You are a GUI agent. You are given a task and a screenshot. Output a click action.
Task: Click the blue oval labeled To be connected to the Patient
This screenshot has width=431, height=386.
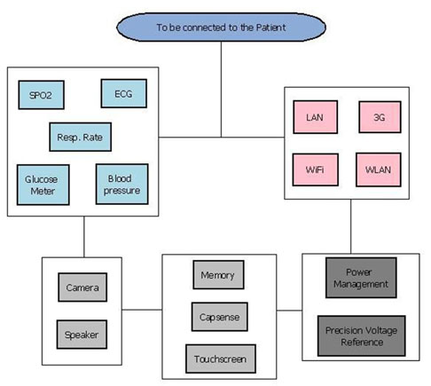coord(221,27)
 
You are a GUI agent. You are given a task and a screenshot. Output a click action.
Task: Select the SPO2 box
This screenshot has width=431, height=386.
coord(41,95)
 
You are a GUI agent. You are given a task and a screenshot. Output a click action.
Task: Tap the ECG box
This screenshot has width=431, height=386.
coord(124,93)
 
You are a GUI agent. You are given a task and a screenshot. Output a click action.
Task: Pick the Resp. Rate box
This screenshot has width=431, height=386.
coord(81,137)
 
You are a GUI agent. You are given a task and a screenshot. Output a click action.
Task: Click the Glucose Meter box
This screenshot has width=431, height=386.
coord(43,185)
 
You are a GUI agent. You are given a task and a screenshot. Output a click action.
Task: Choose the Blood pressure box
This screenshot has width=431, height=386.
coord(122,184)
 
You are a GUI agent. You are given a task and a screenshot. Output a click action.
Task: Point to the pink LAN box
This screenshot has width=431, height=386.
coord(316,117)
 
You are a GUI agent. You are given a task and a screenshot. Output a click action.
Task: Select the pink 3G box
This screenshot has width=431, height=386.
coord(380,117)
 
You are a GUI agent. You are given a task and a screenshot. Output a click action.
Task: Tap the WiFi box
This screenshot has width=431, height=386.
coord(316,169)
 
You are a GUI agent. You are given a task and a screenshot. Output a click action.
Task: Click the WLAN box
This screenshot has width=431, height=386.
coord(379,169)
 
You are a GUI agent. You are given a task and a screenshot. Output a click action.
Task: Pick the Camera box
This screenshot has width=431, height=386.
coord(82,288)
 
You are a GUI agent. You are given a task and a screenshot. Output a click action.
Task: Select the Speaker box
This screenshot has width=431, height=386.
coord(82,335)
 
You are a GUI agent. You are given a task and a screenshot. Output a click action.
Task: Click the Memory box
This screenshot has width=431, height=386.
coord(218,275)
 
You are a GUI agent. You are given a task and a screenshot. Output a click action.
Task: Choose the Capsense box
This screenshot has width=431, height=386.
coord(220,317)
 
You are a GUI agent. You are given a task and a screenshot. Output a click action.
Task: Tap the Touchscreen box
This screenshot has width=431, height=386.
coord(221,358)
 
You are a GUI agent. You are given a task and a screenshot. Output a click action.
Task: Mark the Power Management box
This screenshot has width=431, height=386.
coord(361,278)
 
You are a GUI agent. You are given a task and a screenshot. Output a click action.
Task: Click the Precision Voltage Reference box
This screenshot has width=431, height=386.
coord(362,336)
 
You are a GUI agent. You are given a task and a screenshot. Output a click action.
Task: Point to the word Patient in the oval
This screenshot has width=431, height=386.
coord(270,28)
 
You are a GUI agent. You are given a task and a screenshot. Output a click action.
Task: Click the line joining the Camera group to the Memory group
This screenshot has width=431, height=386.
coord(142,310)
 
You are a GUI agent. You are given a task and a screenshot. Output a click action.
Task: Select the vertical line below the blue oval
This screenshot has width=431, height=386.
coord(221,90)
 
